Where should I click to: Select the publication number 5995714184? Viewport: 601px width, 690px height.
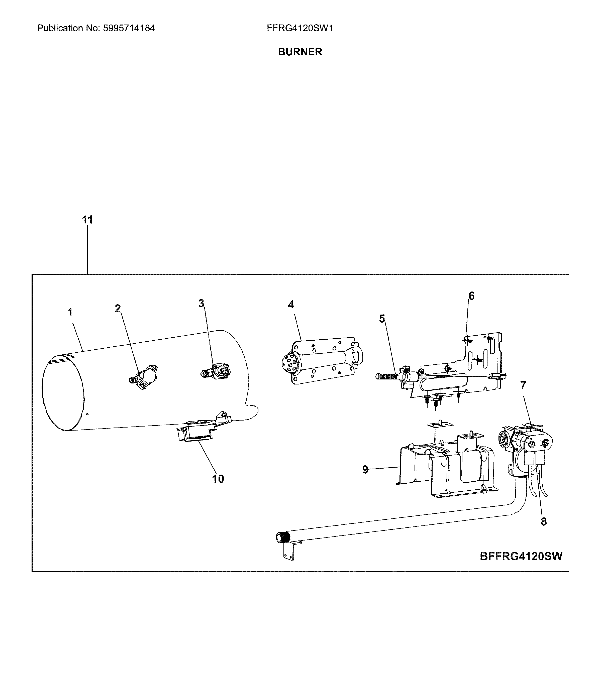(x=129, y=28)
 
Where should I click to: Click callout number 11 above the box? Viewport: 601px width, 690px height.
(x=87, y=220)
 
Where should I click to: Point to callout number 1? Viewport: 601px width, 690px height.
(x=70, y=313)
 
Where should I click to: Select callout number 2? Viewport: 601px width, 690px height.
(x=118, y=309)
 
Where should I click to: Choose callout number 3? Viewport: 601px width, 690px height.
(x=201, y=304)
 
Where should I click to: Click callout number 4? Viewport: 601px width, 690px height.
(x=291, y=305)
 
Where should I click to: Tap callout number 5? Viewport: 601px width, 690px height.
(x=382, y=319)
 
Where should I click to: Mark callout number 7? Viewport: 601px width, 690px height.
(x=523, y=386)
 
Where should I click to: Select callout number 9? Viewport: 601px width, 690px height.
(x=365, y=470)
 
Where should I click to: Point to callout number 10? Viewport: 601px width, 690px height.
(x=218, y=479)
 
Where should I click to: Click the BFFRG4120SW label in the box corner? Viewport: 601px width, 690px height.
(x=521, y=556)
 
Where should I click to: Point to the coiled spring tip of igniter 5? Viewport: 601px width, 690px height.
(x=386, y=376)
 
